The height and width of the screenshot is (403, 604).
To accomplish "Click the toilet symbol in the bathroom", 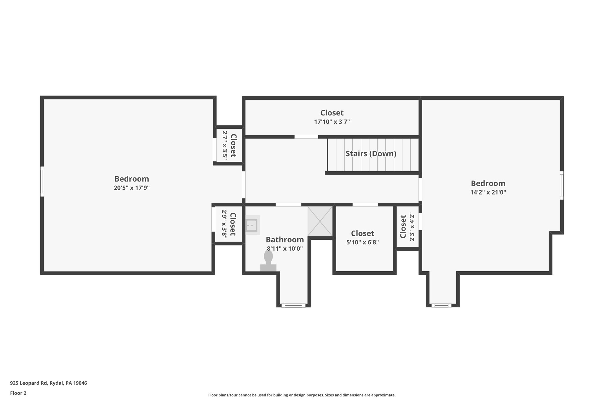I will [268, 261].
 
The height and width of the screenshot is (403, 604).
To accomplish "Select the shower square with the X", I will [320, 221].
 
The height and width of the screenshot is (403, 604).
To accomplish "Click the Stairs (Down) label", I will [371, 154].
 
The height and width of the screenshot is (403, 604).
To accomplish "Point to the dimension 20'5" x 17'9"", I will [132, 188].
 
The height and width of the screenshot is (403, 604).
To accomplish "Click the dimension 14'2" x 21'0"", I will [488, 192].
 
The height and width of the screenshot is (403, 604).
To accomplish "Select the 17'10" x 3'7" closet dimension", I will [332, 122].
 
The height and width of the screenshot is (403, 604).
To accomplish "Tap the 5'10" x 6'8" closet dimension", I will [362, 242].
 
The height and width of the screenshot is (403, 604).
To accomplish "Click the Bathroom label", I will [285, 239].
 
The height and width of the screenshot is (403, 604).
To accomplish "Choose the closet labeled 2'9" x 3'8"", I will [229, 224].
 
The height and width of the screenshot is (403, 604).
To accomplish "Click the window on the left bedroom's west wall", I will [42, 181].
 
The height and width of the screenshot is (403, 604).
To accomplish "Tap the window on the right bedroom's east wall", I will [562, 185].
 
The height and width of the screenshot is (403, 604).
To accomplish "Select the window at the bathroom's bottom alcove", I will [293, 306].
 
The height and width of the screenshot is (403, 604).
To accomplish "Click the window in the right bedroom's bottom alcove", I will [441, 306].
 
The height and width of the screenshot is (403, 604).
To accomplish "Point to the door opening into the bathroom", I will [288, 205].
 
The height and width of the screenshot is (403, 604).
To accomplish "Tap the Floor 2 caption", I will [18, 393].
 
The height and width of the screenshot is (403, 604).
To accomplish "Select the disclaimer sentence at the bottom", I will [302, 395].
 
